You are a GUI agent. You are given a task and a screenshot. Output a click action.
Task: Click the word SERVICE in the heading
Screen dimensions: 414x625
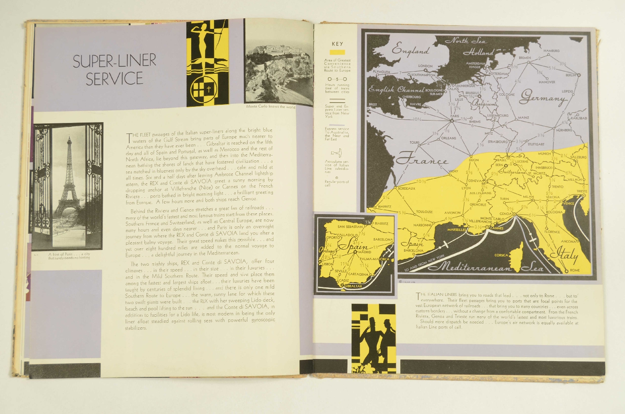click(114, 78)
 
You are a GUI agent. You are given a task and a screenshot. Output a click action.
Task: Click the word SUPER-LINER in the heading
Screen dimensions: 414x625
click(115, 61)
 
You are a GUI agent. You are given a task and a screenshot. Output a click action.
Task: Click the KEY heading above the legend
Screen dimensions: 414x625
click(337, 44)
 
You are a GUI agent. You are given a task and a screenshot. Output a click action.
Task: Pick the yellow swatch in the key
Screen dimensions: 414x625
click(337, 53)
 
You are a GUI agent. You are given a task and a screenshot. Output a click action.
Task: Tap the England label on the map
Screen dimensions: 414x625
click(410, 50)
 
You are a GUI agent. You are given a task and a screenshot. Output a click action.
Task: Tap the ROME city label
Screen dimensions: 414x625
click(575, 270)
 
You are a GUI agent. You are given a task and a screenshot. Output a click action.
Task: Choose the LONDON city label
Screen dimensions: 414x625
click(425, 66)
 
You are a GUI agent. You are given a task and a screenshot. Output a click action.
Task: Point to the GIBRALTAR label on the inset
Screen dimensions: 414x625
click(353, 286)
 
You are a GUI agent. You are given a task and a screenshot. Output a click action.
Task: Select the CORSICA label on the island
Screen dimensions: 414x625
click(501, 255)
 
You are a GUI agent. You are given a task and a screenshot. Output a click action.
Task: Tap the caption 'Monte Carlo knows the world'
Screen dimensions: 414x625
click(271, 107)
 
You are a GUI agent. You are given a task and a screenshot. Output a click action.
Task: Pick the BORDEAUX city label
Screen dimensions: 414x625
click(406, 188)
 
